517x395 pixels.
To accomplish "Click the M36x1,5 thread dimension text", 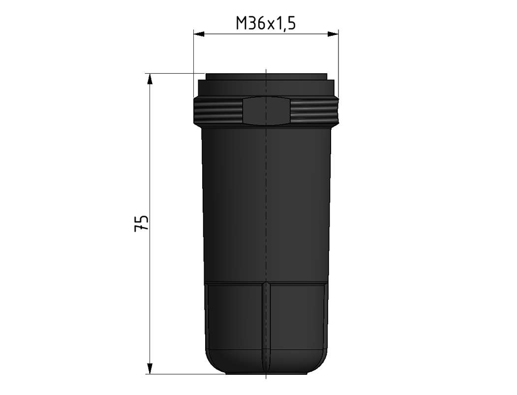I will pyautogui.click(x=266, y=23).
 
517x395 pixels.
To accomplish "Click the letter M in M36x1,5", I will pyautogui.click(x=242, y=23).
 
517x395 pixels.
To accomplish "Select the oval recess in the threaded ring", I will pyautogui.click(x=266, y=111).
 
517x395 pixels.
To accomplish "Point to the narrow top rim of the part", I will pyautogui.click(x=266, y=77).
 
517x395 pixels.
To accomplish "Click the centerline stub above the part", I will pyautogui.click(x=266, y=71).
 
